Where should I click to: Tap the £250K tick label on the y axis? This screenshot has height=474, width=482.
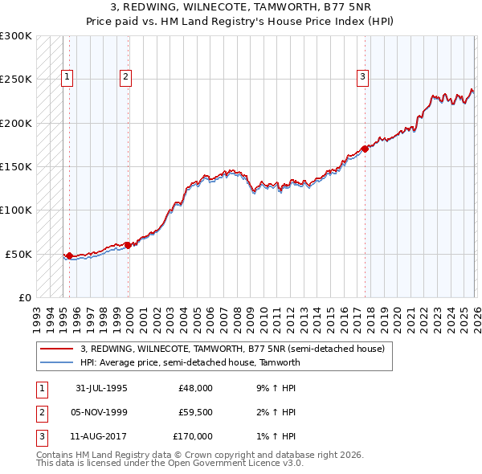(16, 80)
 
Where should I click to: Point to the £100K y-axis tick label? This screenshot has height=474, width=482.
(16, 210)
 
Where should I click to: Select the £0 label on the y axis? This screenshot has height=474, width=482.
(24, 297)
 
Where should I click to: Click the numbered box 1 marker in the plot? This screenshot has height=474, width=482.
(67, 77)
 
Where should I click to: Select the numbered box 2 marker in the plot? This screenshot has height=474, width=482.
(126, 77)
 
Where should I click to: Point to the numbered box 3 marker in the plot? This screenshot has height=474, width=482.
(363, 77)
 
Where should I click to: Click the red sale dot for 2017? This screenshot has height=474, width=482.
(365, 149)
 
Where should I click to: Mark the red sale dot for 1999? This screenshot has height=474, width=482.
(128, 245)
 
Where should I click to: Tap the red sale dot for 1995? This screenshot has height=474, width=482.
(69, 255)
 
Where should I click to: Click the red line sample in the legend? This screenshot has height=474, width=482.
(57, 349)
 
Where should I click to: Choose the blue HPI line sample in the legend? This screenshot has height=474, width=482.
(57, 362)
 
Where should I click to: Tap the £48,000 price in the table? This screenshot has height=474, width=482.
(195, 388)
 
